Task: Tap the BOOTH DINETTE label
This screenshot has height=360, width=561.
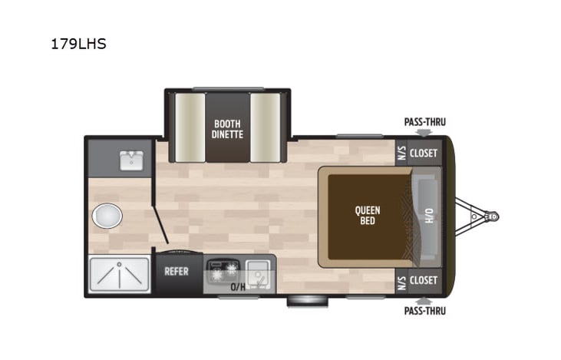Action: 228,127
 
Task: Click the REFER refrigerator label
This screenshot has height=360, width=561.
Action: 177,271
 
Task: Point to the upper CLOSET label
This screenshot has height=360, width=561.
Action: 423,153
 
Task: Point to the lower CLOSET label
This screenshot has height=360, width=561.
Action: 423,280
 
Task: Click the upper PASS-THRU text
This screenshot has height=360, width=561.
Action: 424,122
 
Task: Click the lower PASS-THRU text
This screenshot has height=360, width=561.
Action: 424,311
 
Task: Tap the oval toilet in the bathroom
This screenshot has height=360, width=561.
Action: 107,216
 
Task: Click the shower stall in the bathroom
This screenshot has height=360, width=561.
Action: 119,275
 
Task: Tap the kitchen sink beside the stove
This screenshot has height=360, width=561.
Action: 256,271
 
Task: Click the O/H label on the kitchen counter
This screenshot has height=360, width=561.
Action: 239,288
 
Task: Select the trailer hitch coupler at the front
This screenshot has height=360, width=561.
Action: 489,216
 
